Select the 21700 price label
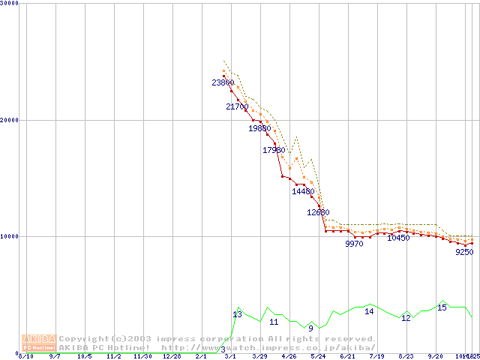237,107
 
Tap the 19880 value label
259,129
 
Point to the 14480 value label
303,191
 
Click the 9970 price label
354,244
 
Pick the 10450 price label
398,238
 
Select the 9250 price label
464,253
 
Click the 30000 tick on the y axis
10,4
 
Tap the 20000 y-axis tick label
10,120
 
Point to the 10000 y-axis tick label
10,236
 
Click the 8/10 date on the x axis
25,357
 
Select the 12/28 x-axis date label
172,357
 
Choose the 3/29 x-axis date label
259,357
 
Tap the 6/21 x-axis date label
347,357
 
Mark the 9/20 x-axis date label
435,357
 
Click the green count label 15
442,307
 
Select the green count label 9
310,328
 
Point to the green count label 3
223,350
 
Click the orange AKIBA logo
40,343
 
